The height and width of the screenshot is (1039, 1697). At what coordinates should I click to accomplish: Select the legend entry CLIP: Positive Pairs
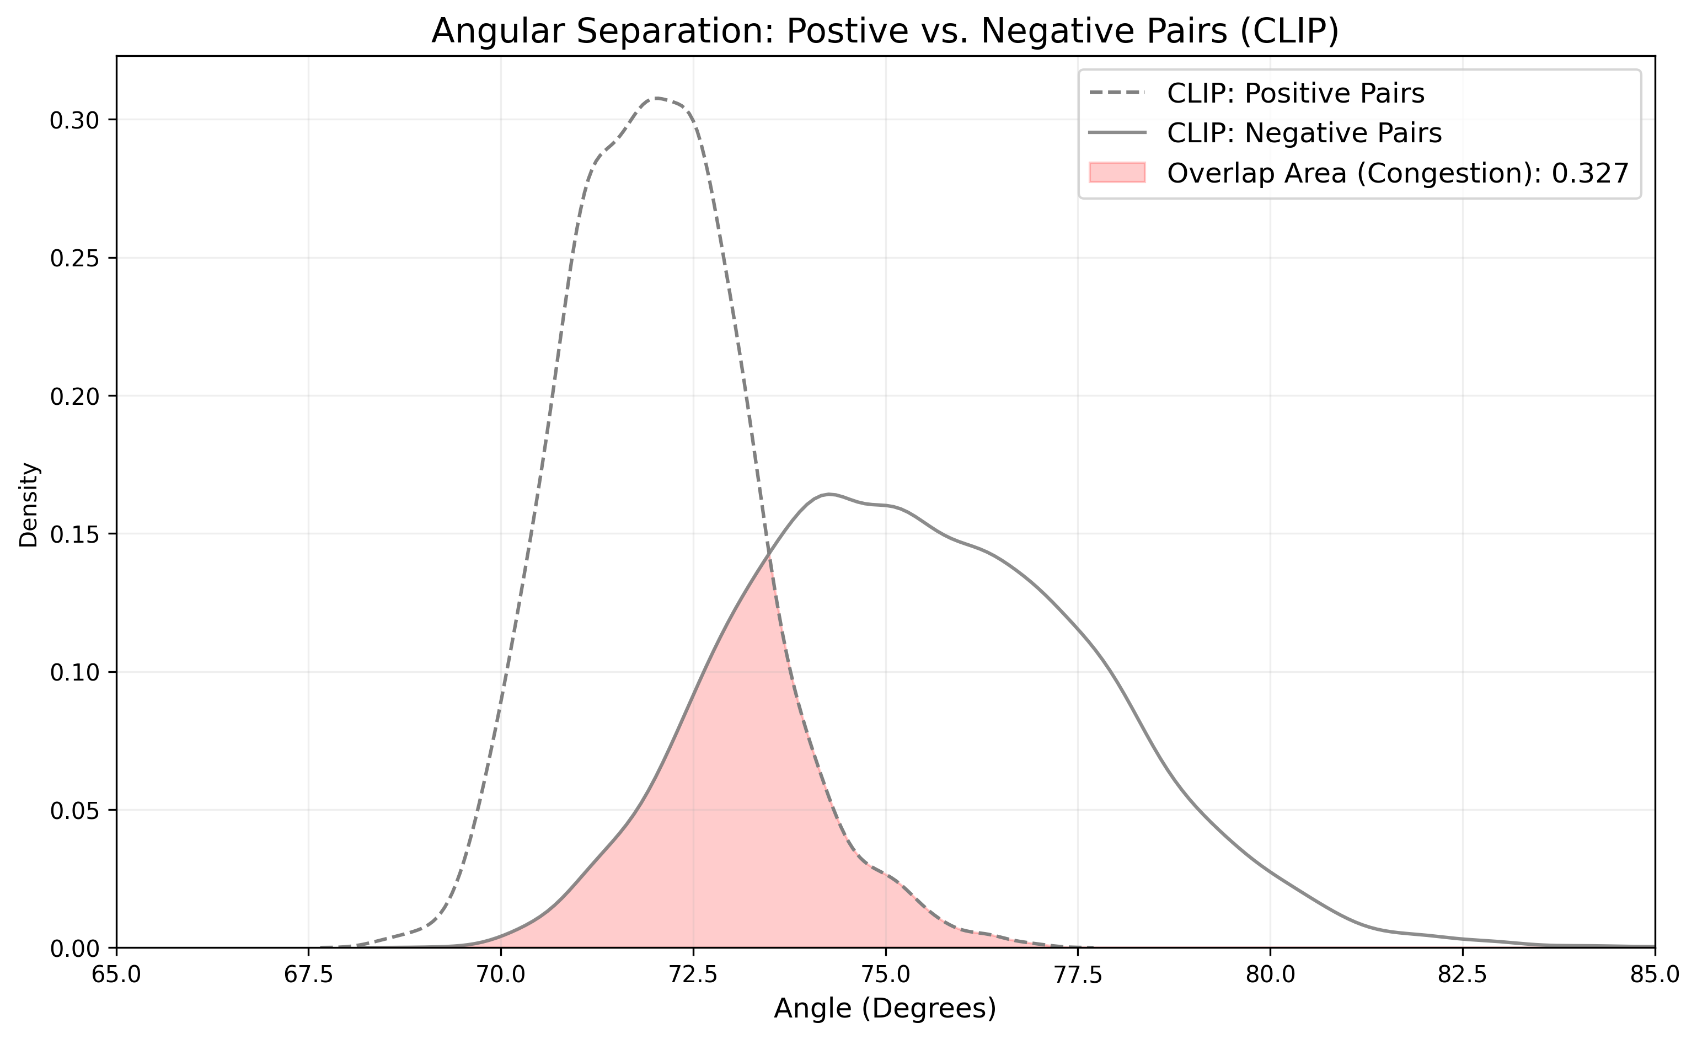(1295, 93)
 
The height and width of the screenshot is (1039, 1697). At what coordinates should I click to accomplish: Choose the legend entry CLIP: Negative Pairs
(1304, 133)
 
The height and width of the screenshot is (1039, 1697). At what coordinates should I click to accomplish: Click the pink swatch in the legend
(1117, 173)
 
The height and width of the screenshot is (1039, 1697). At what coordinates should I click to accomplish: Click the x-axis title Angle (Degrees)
(885, 1009)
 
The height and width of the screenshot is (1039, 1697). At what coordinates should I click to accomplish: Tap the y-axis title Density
(29, 505)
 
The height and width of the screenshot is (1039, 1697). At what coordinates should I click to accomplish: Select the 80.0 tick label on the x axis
(1270, 976)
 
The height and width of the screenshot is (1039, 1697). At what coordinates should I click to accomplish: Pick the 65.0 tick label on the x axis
(116, 976)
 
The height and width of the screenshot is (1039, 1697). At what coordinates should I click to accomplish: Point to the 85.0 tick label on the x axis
(1655, 976)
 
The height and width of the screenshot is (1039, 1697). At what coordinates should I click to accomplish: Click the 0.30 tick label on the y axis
(74, 120)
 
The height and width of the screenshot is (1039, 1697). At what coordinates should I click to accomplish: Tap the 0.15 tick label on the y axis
(74, 534)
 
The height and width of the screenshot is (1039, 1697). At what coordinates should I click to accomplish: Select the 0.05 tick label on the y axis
(74, 810)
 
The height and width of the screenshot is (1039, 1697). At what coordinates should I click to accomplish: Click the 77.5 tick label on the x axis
(1078, 976)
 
